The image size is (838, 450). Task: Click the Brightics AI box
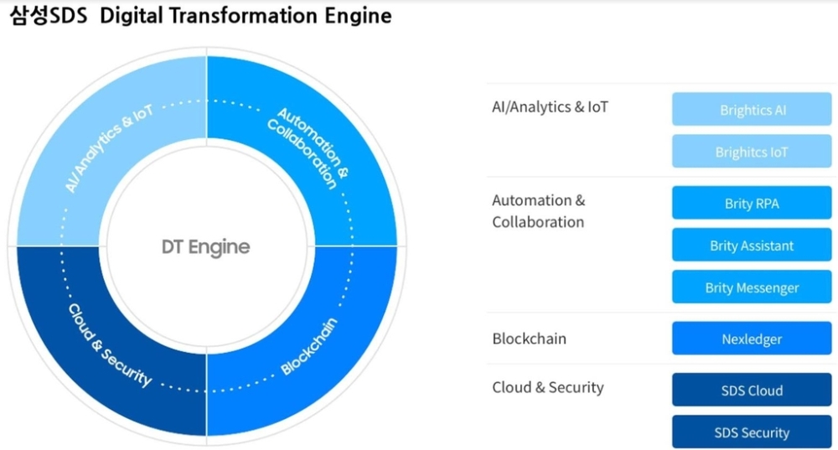[752, 109]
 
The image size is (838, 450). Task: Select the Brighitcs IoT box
[752, 151]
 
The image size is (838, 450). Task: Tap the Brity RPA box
[752, 203]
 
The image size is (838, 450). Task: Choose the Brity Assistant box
[752, 245]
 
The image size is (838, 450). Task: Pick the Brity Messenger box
[752, 287]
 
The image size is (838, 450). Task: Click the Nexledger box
[752, 339]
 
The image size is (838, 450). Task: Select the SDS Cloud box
[752, 390]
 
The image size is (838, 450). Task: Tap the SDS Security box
[752, 432]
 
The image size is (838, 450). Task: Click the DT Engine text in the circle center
[206, 247]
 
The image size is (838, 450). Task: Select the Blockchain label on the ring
[309, 346]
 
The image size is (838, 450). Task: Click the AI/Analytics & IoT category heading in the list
[550, 107]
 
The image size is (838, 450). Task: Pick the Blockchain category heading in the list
[529, 339]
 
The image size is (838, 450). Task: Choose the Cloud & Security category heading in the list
[548, 387]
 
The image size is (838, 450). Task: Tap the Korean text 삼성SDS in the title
[48, 15]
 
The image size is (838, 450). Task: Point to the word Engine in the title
[358, 17]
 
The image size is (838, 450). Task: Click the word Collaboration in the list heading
[538, 222]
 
